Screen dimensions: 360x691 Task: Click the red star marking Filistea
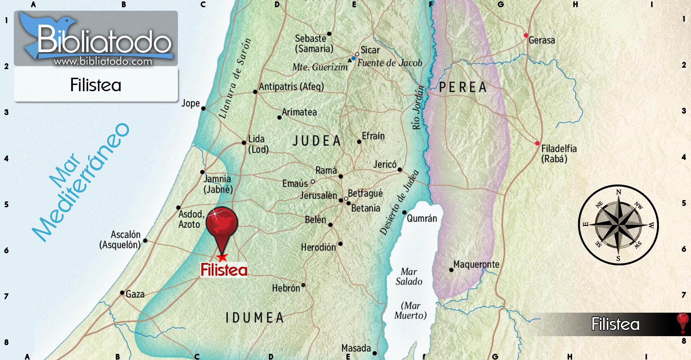[222, 257]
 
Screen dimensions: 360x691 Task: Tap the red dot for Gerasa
[526, 35]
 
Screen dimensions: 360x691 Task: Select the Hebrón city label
[286, 288]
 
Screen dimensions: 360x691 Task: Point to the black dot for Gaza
[122, 293]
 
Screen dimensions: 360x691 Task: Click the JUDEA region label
[317, 141]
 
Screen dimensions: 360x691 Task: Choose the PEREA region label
[463, 87]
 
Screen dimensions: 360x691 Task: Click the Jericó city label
[385, 164]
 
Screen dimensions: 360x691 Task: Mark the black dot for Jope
[203, 108]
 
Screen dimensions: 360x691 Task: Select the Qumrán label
[422, 218]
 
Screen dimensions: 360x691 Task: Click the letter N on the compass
[618, 192]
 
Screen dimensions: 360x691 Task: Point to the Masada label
[356, 348]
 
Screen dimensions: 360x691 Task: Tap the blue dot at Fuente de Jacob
[353, 58]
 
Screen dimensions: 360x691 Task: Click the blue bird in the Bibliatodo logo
[41, 31]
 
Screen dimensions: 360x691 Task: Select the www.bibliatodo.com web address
[103, 61]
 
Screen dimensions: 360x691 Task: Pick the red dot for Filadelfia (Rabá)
[537, 143]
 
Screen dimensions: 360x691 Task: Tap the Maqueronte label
[476, 265]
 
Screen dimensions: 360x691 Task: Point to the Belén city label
[315, 220]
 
